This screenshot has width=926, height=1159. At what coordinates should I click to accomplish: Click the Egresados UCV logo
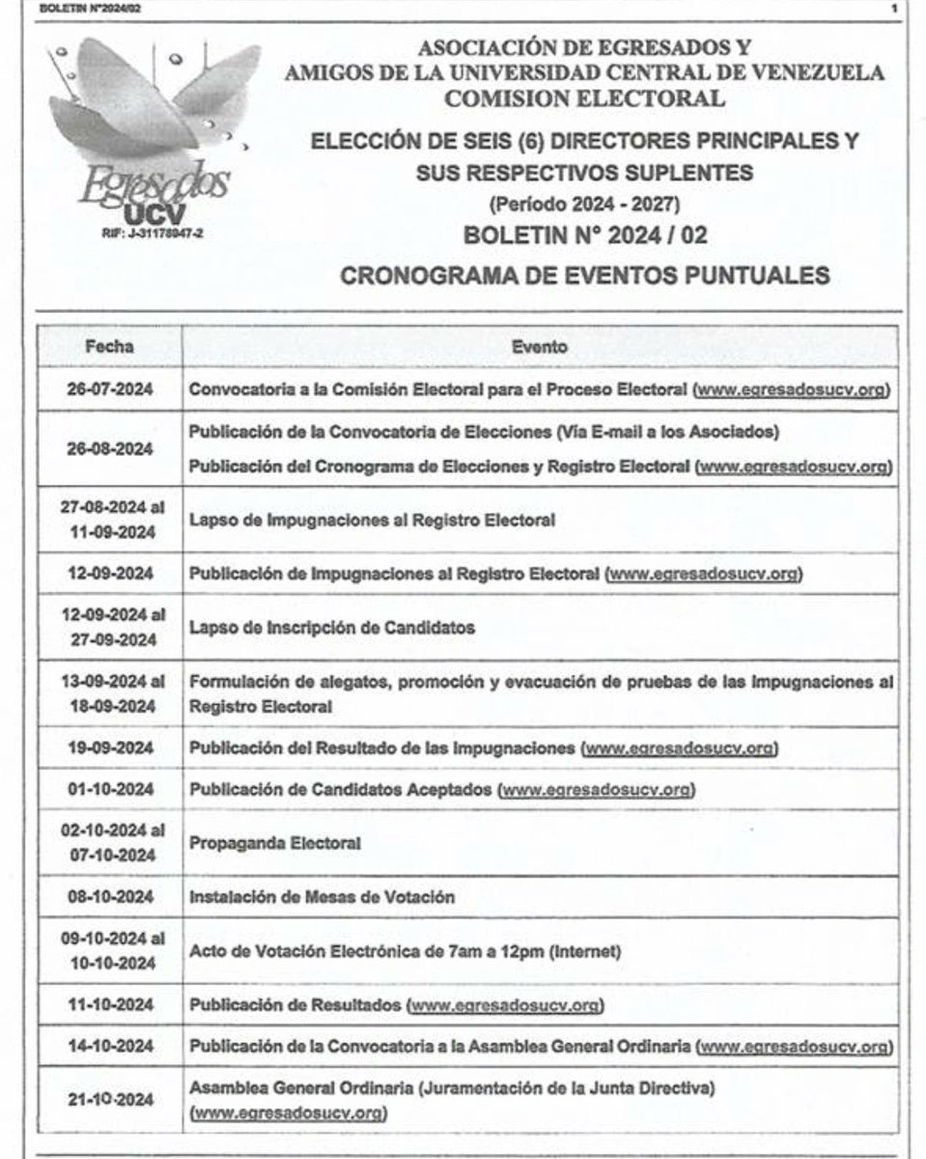point(154,135)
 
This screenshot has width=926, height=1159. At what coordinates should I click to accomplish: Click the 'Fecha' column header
point(109,347)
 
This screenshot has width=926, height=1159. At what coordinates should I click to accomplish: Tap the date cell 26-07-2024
point(109,389)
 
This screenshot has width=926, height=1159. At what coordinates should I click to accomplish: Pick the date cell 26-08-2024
point(109,450)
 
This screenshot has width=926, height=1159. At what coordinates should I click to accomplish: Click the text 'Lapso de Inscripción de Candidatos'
point(332,628)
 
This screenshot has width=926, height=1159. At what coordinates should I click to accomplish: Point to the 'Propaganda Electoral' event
point(275,843)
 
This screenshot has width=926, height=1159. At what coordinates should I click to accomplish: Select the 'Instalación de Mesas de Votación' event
point(322,897)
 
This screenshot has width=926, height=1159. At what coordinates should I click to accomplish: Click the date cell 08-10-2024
point(109,897)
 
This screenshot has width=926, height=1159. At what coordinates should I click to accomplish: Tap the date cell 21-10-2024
point(109,1100)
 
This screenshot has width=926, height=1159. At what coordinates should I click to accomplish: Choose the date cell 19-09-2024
point(109,749)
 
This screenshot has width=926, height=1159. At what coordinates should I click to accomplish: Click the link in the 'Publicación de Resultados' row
point(506,1005)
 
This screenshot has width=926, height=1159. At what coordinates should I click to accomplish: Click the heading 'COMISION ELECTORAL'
point(584,98)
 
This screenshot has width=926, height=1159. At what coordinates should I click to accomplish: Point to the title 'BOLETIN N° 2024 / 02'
point(585,235)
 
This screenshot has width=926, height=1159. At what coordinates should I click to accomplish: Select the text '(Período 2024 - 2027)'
point(584,205)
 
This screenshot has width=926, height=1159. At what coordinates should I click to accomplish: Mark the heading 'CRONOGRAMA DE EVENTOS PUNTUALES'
point(585,275)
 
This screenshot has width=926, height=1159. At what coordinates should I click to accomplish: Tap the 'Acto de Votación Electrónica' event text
point(405,951)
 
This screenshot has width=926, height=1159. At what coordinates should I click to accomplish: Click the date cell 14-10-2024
point(109,1047)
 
